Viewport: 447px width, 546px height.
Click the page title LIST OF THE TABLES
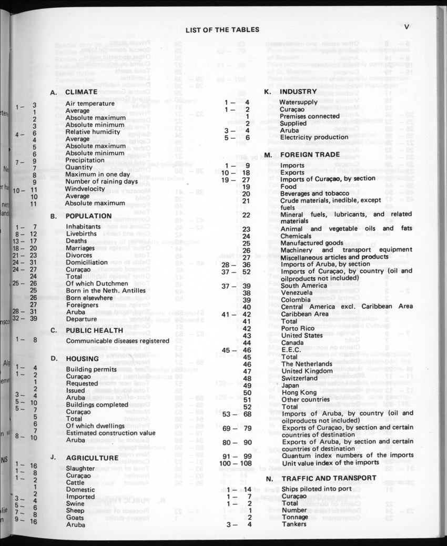(222, 29)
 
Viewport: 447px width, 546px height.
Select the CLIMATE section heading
(81, 92)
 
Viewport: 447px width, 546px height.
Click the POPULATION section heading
(88, 216)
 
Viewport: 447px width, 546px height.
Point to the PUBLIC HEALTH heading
(94, 330)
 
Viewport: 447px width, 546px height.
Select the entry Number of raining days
(101, 181)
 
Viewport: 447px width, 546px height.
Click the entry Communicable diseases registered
(117, 340)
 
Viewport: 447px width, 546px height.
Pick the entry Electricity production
(313, 137)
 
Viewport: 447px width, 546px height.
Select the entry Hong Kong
(296, 392)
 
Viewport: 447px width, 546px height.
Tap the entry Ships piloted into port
(315, 489)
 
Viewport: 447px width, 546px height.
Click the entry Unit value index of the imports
(330, 462)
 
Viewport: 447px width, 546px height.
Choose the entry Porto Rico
(298, 328)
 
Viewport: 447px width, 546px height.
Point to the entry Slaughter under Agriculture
(80, 468)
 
